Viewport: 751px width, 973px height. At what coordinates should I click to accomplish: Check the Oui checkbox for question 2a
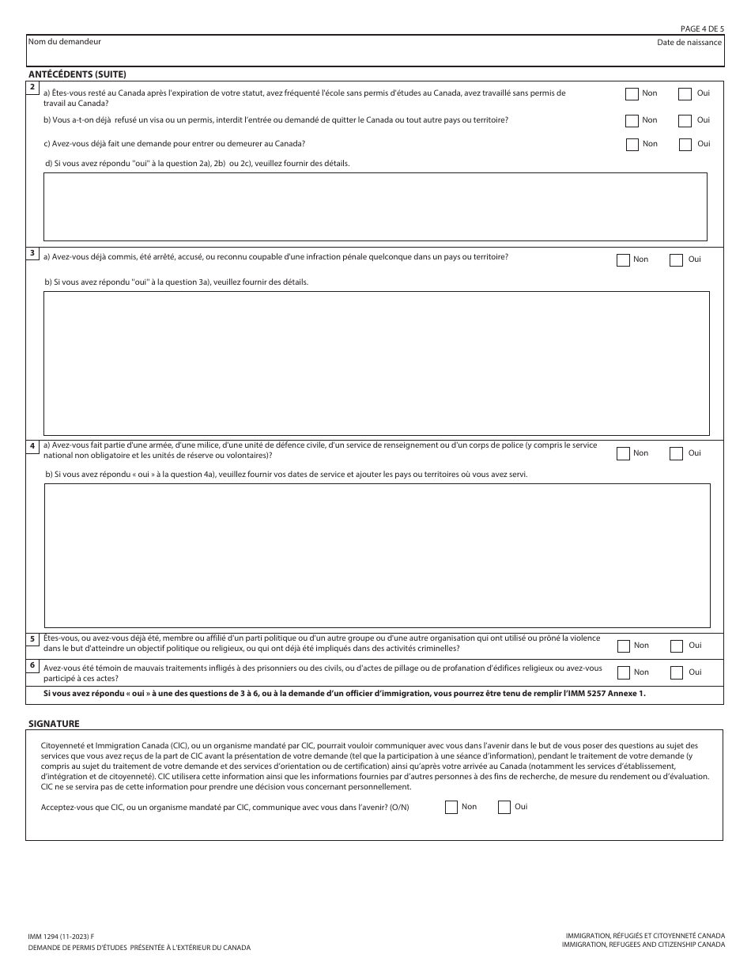pyautogui.click(x=685, y=94)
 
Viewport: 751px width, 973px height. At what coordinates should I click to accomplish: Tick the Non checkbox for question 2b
pyautogui.click(x=632, y=121)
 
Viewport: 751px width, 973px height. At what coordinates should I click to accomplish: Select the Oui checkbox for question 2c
pyautogui.click(x=685, y=145)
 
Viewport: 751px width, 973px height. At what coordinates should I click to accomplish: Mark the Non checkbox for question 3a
pyautogui.click(x=623, y=260)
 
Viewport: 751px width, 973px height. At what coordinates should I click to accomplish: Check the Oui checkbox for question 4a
pyautogui.click(x=676, y=454)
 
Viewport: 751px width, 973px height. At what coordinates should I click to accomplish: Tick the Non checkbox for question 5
pyautogui.click(x=623, y=646)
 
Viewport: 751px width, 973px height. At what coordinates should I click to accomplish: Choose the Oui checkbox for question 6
pyautogui.click(x=677, y=673)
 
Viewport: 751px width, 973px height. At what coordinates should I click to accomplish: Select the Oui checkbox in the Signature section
pyautogui.click(x=504, y=808)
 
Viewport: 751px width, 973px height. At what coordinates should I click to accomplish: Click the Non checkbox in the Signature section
pyautogui.click(x=451, y=808)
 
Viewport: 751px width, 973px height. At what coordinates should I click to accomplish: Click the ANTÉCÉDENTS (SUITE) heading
pyautogui.click(x=77, y=74)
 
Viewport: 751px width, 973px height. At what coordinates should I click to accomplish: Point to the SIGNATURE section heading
pyautogui.click(x=54, y=723)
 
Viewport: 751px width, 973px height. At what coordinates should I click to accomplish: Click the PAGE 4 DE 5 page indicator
pyautogui.click(x=702, y=28)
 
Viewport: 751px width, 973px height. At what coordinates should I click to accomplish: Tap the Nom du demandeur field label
pyautogui.click(x=64, y=41)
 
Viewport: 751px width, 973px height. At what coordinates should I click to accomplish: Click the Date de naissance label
pyautogui.click(x=689, y=42)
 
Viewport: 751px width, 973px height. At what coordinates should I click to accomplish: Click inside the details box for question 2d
pyautogui.click(x=375, y=206)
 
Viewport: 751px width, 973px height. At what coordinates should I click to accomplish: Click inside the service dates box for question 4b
pyautogui.click(x=376, y=555)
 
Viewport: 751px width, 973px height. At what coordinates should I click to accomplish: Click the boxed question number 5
pyautogui.click(x=32, y=639)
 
